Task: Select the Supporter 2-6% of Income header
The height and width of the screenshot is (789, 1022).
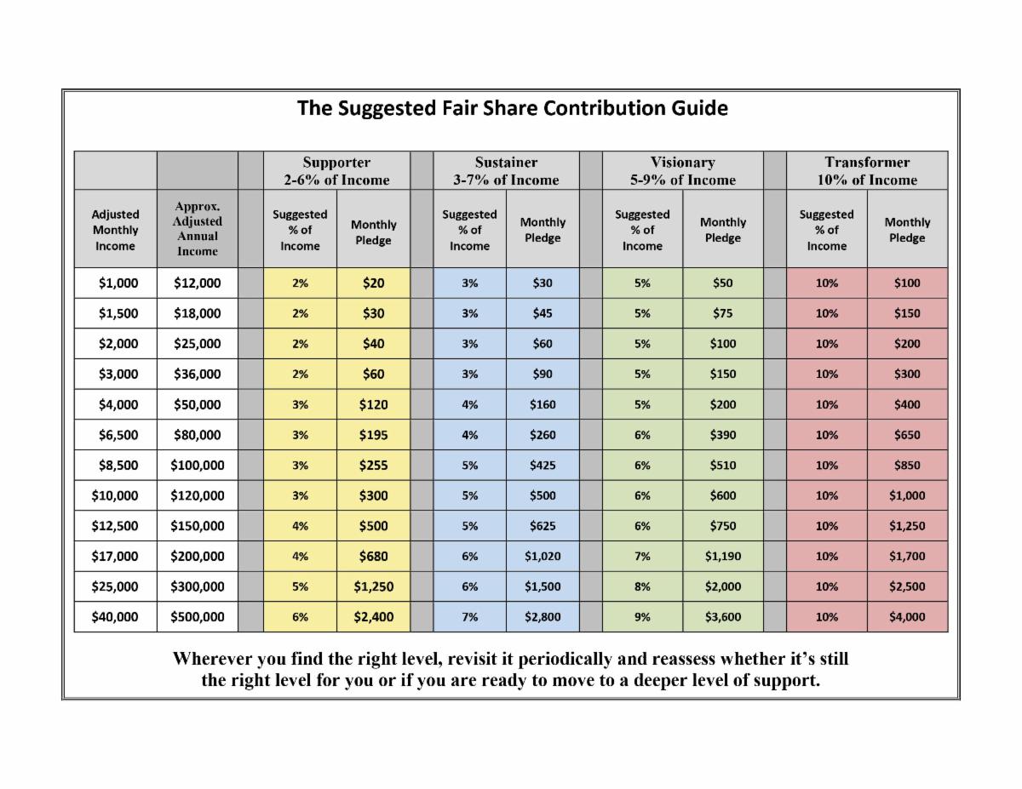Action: click(336, 170)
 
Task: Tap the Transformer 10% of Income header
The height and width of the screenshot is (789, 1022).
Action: click(867, 170)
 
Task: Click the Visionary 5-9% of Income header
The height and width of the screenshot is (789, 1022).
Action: click(682, 170)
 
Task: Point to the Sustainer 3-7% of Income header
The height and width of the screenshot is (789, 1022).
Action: click(506, 170)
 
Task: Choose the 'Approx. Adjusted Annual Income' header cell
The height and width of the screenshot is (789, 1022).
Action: click(198, 228)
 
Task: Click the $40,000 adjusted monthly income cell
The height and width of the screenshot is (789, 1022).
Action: click(115, 617)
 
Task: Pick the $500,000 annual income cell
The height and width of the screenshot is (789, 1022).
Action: click(198, 617)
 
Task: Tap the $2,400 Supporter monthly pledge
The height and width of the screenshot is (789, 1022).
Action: click(373, 617)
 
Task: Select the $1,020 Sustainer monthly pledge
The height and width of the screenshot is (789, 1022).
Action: click(543, 557)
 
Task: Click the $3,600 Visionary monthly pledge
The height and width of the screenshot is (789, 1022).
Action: click(722, 617)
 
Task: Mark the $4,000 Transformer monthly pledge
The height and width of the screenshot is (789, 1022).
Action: click(907, 617)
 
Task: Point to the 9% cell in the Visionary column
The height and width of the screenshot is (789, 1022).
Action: click(642, 617)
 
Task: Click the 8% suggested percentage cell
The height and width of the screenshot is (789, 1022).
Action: click(642, 586)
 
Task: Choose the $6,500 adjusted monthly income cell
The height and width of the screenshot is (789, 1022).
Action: click(115, 435)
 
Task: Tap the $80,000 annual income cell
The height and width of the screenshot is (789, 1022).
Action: click(198, 435)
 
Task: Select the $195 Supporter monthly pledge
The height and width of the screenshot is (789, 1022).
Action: click(373, 435)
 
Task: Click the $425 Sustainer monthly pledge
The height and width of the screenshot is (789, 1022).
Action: click(543, 466)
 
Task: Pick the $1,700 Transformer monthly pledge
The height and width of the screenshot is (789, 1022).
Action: click(907, 557)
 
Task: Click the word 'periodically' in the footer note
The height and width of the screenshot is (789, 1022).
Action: click(566, 660)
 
